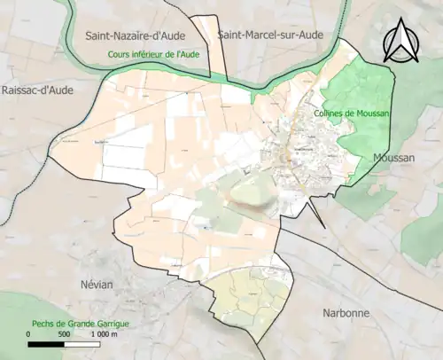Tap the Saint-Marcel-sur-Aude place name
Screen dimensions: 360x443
pos(269,35)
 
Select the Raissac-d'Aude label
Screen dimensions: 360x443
pos(38,90)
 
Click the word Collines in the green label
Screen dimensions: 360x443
pos(330,113)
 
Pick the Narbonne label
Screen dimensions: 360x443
pos(345,314)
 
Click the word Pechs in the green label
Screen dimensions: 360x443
pos(44,325)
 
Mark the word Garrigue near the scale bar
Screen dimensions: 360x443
pos(110,325)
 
